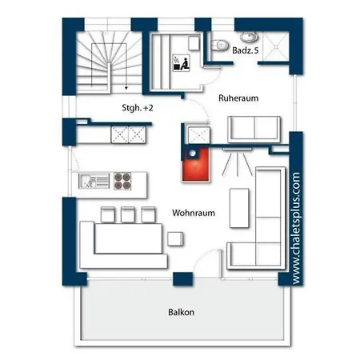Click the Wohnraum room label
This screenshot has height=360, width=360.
click(x=194, y=213)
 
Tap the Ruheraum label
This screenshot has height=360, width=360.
click(x=238, y=98)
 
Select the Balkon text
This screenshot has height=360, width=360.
click(x=181, y=312)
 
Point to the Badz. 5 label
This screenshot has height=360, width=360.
click(x=246, y=50)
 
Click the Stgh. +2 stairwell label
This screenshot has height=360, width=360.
click(x=138, y=108)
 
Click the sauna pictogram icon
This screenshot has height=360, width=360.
click(x=182, y=63)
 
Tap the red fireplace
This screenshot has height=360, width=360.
click(x=195, y=164)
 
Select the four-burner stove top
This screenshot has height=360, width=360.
click(x=122, y=181)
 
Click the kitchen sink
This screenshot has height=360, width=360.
click(x=94, y=181)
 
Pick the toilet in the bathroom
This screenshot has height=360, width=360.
click(x=220, y=45)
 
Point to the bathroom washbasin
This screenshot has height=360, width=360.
click(x=249, y=37)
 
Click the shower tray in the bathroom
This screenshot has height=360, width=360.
click(x=276, y=46)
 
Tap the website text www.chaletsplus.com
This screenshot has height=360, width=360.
click(x=296, y=228)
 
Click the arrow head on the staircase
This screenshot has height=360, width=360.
click(x=126, y=87)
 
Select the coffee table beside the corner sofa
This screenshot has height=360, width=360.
click(x=239, y=208)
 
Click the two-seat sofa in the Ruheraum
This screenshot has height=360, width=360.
click(x=254, y=130)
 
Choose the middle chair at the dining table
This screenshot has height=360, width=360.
click(x=128, y=214)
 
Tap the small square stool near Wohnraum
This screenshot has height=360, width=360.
click(x=175, y=238)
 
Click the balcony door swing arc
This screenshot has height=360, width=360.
click(x=204, y=258)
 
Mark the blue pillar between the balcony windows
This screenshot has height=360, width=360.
click(x=182, y=279)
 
